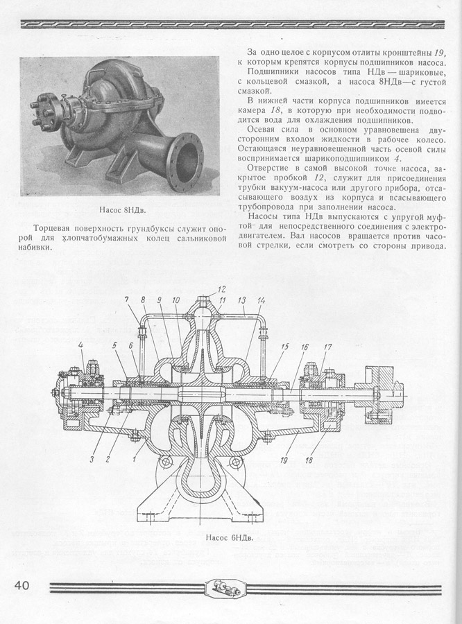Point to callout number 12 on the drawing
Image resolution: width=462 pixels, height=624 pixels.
[222, 289]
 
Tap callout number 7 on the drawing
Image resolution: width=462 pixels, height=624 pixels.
[126, 300]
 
